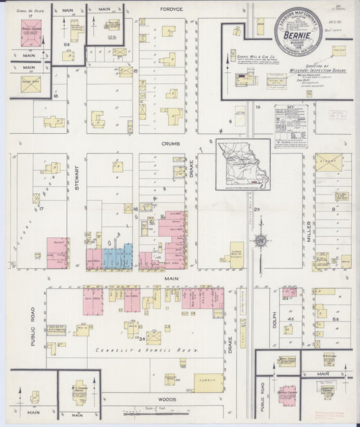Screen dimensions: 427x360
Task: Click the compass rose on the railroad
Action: [260, 239]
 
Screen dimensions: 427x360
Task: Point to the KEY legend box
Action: [290, 126]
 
